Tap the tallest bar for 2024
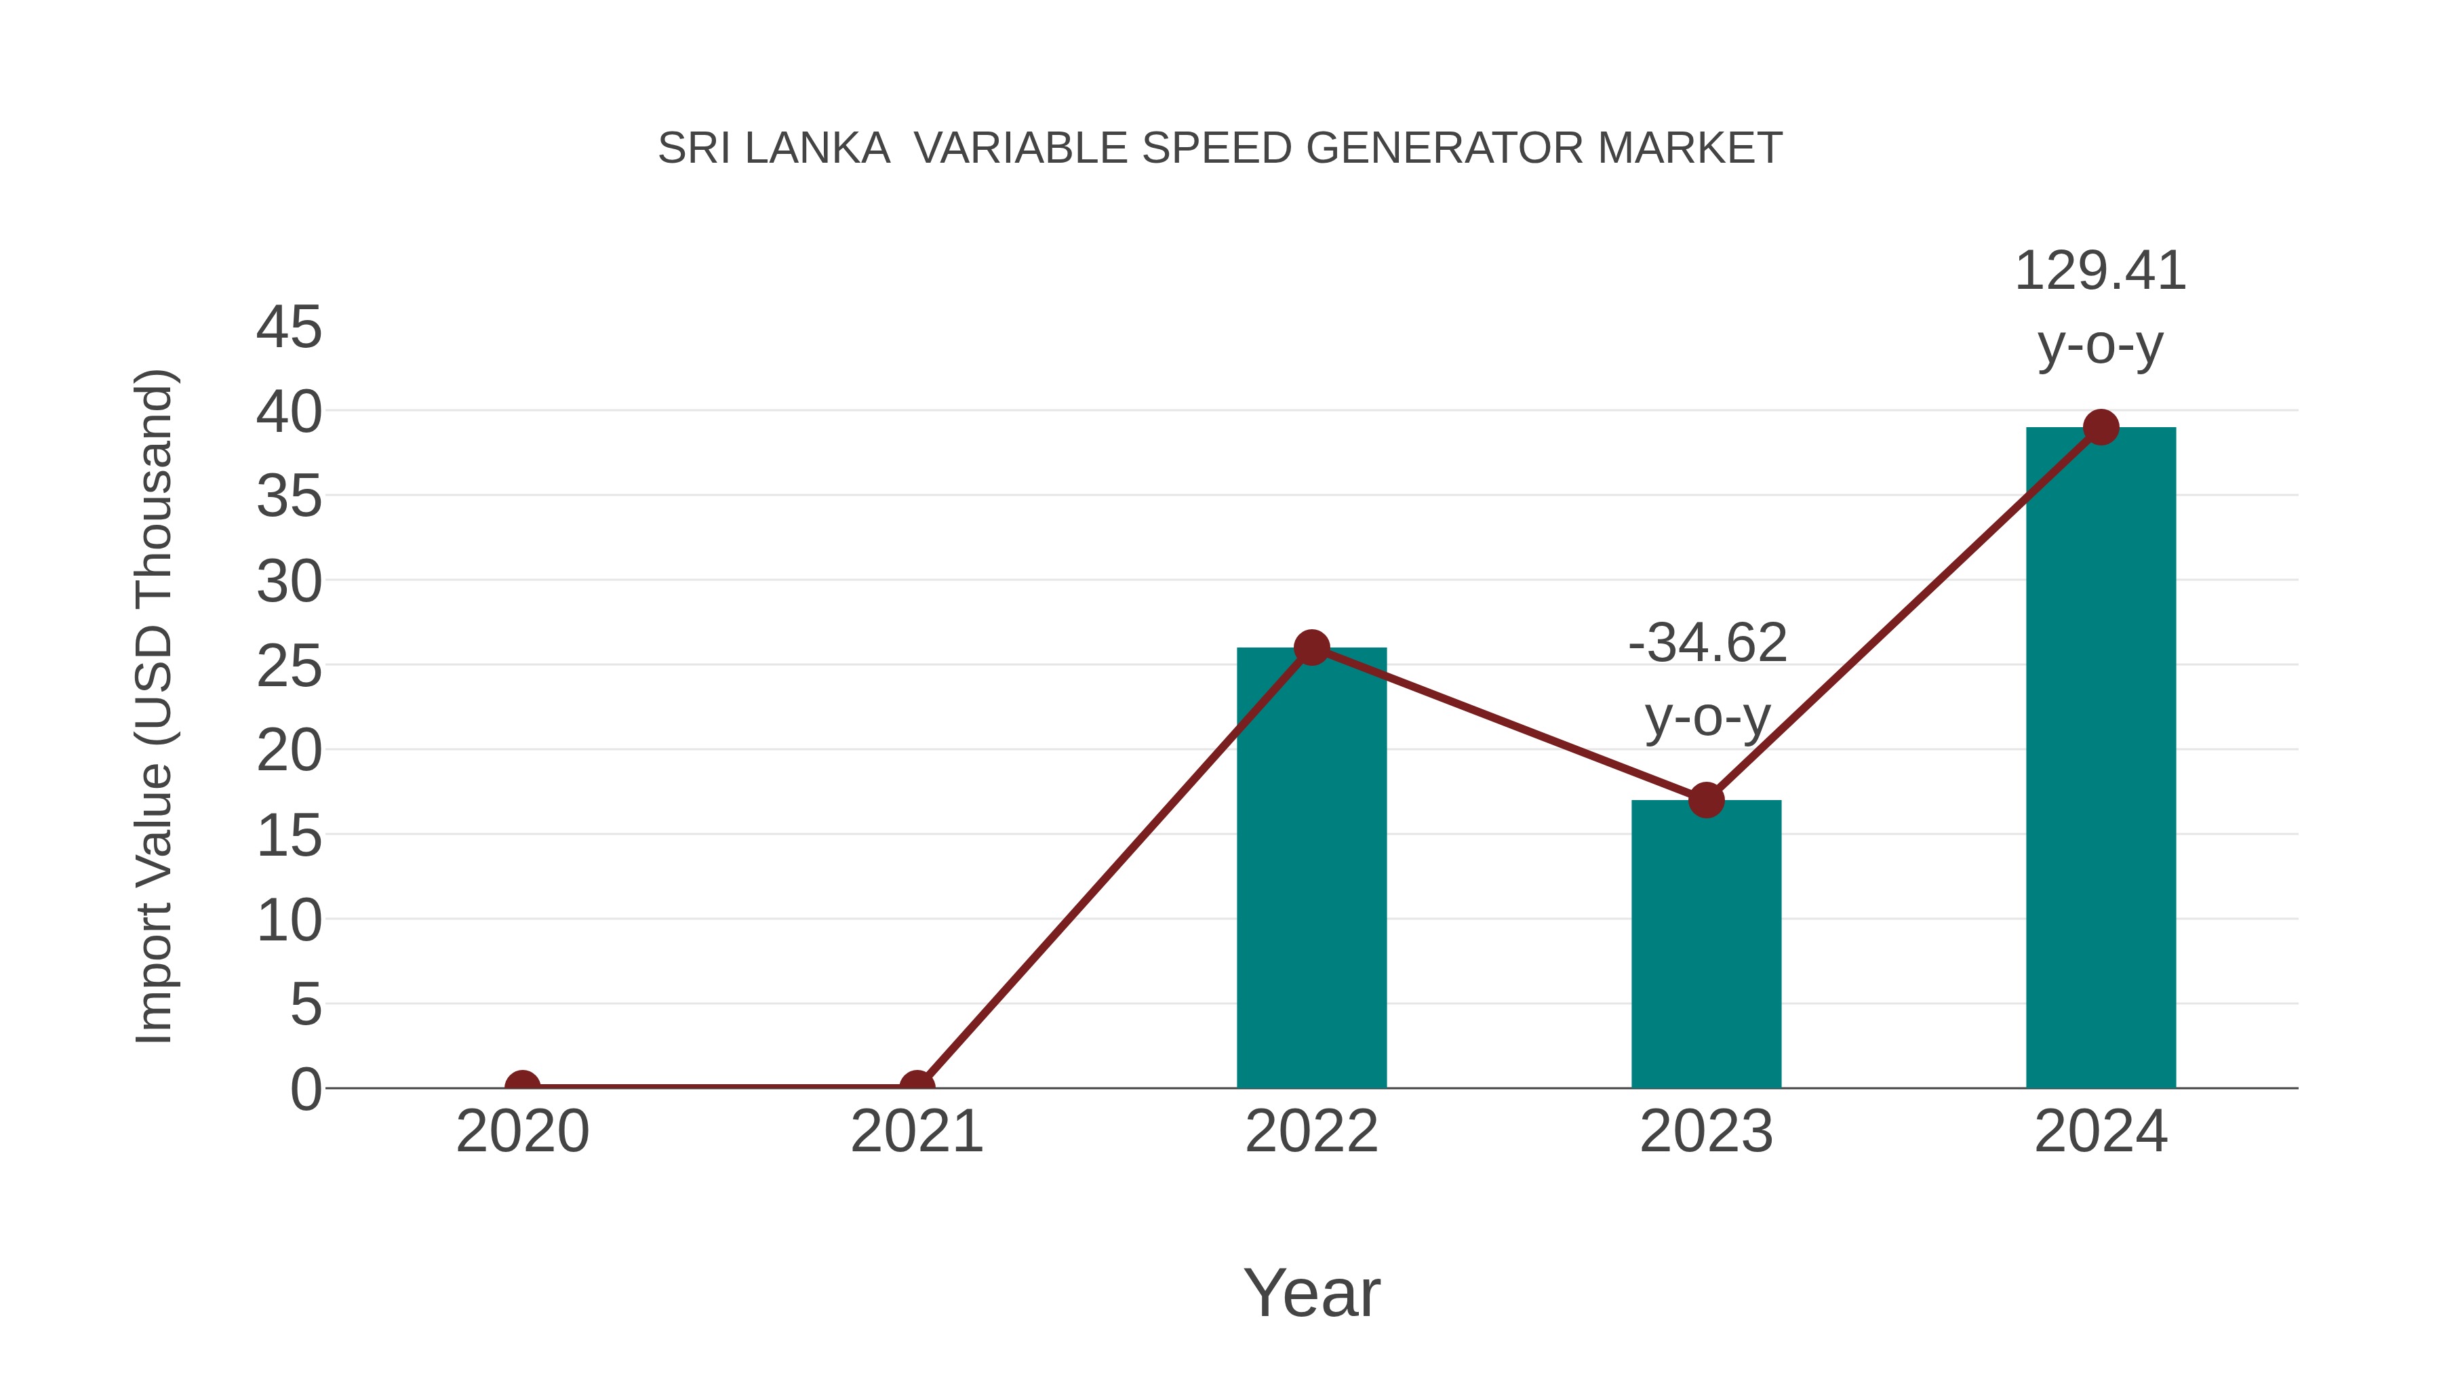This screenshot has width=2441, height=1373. tap(2101, 758)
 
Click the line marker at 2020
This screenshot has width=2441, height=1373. tap(522, 1086)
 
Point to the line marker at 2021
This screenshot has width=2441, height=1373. tap(916, 1086)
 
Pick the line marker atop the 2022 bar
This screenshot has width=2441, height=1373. tap(1311, 648)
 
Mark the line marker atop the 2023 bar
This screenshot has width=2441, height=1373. tap(1706, 801)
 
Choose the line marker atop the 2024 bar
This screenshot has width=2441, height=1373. tap(2101, 427)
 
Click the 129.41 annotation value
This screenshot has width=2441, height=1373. tap(2100, 272)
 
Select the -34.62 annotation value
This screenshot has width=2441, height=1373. tap(1707, 643)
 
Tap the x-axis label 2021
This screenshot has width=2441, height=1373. tap(916, 1132)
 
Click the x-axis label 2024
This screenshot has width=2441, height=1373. tap(2101, 1132)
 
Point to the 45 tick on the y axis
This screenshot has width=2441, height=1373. tap(289, 328)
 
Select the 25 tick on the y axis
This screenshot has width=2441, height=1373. tap(289, 667)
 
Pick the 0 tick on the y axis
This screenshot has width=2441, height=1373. tap(306, 1090)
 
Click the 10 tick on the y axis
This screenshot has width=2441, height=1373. tap(289, 921)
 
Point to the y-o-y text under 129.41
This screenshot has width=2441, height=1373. tap(2100, 346)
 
